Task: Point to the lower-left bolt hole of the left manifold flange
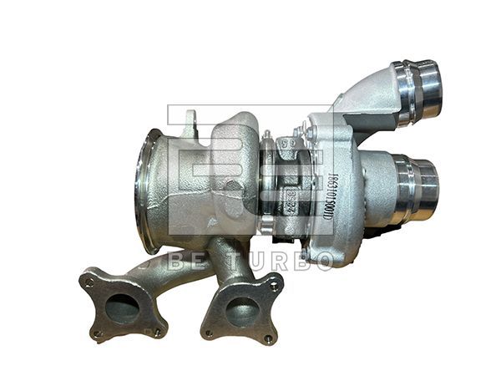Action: coord(97,333)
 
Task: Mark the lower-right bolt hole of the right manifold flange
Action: coord(269,338)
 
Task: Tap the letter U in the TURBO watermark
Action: coord(255,260)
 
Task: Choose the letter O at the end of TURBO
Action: coord(322,260)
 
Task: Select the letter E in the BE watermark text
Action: coord(197,260)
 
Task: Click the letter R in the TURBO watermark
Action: coord(278,260)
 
